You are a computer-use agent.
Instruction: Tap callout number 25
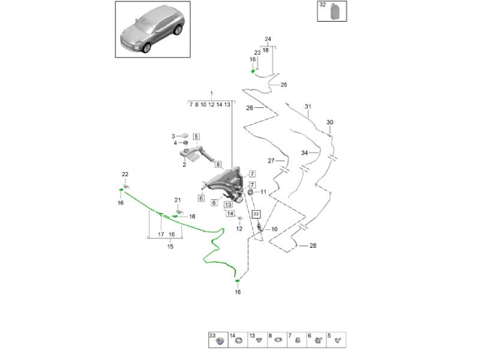[x=284, y=85]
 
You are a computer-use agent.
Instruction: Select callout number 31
[x=307, y=107]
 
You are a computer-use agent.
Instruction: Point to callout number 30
[x=329, y=122]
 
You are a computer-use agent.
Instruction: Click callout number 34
[x=304, y=153]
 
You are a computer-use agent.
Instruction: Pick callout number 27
[x=271, y=160]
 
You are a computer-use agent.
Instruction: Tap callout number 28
[x=313, y=246]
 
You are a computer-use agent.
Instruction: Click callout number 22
[x=125, y=175]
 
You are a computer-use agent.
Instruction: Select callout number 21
[x=177, y=200]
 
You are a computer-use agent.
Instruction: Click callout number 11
[x=263, y=192]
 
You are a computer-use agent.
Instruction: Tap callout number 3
[x=173, y=136]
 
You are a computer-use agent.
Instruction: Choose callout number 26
[x=250, y=108]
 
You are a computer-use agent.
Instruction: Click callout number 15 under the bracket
[x=170, y=246]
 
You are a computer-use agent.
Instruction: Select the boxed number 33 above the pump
[x=256, y=213]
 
